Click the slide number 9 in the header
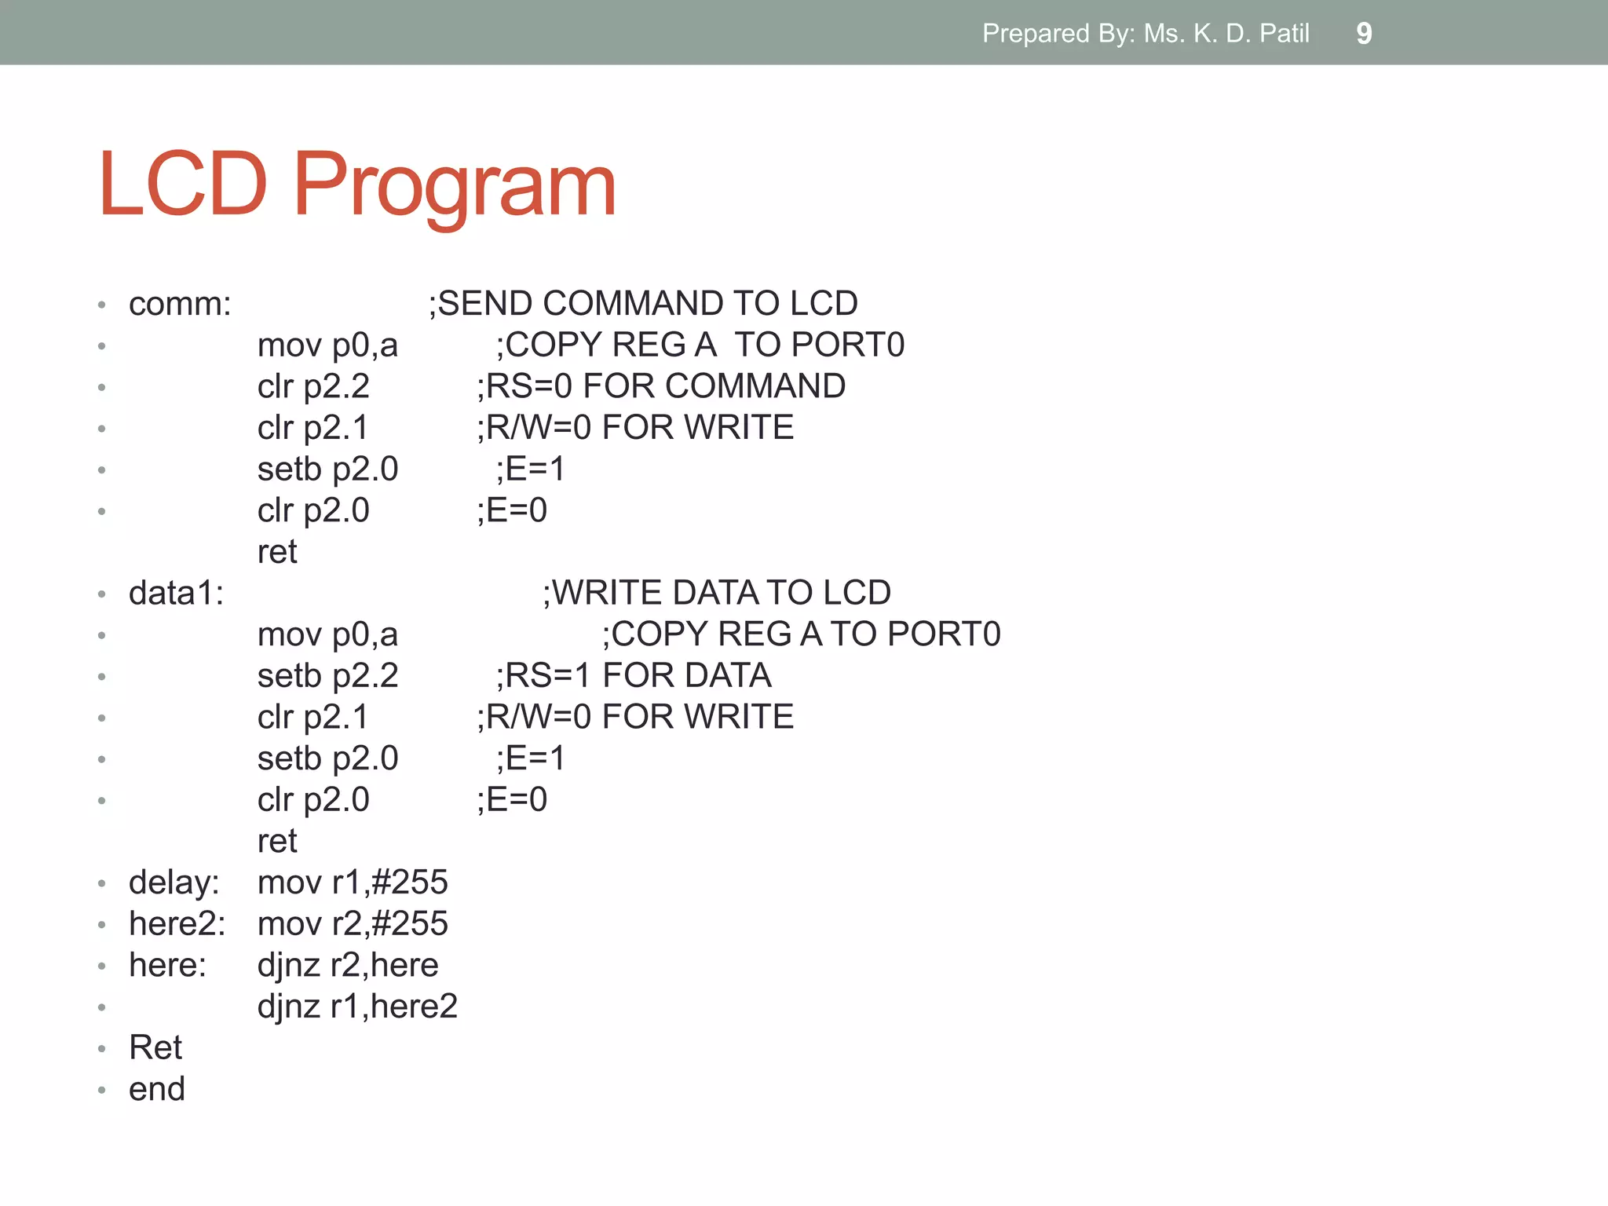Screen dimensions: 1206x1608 point(1364,34)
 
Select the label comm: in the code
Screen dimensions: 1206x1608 point(180,304)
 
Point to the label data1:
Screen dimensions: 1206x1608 point(176,594)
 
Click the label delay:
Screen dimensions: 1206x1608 point(174,883)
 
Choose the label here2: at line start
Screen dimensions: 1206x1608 point(177,924)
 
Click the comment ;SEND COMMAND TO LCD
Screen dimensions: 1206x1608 point(643,303)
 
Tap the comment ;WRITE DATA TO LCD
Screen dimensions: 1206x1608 point(716,593)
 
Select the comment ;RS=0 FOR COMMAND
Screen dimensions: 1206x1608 point(661,386)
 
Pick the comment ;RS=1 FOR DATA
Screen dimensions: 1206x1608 point(633,676)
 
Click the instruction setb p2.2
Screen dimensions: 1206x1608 point(327,676)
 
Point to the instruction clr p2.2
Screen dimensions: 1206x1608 point(313,386)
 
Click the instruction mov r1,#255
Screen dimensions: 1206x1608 point(353,883)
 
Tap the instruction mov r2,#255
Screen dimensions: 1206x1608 point(353,924)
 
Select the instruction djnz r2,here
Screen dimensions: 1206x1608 point(348,966)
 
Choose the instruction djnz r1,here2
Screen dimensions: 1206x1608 point(357,1007)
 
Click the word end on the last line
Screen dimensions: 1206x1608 point(156,1090)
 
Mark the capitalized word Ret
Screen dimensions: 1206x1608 point(155,1048)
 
